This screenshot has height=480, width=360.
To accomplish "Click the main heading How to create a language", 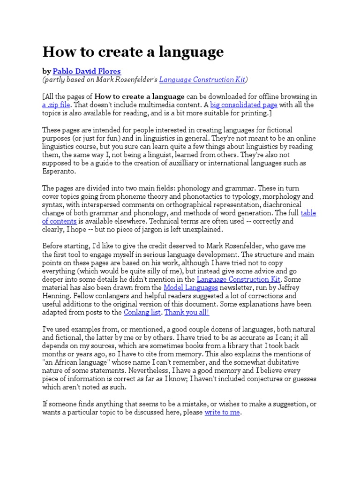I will click(133, 52).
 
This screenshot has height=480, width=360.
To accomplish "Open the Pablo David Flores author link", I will click(87, 71).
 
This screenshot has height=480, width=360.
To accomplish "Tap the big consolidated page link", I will click(244, 105).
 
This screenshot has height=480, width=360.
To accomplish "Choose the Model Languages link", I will click(191, 288).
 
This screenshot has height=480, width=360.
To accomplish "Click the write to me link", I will click(222, 412).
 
